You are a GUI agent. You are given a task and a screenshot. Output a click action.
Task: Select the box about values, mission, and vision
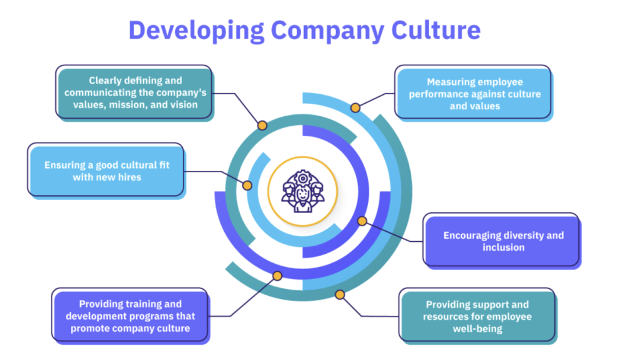pyautogui.click(x=134, y=92)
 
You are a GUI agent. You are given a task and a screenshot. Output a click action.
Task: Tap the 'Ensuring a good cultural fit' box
pyautogui.click(x=107, y=171)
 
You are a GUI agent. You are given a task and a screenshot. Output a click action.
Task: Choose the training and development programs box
pyautogui.click(x=131, y=316)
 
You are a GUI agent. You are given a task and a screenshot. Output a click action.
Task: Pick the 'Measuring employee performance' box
pyautogui.click(x=474, y=94)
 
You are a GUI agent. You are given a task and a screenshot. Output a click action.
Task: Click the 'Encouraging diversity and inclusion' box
pyautogui.click(x=503, y=241)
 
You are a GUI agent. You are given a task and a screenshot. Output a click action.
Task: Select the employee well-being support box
pyautogui.click(x=477, y=316)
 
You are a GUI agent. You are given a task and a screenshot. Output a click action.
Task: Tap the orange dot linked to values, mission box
pyautogui.click(x=262, y=125)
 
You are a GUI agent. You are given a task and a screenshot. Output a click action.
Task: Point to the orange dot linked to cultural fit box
pyautogui.click(x=247, y=186)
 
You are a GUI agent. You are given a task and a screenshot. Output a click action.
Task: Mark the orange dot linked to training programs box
pyautogui.click(x=276, y=275)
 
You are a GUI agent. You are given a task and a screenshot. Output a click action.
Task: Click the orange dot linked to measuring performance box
pyautogui.click(x=355, y=108)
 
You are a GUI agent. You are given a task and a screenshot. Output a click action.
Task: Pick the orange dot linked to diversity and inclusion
pyautogui.click(x=362, y=221)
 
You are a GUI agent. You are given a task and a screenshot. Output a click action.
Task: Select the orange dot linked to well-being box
pyautogui.click(x=340, y=294)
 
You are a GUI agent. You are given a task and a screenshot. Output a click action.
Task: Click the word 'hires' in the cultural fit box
pyautogui.click(x=128, y=177)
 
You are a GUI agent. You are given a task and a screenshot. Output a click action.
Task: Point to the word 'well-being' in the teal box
pyautogui.click(x=477, y=328)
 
